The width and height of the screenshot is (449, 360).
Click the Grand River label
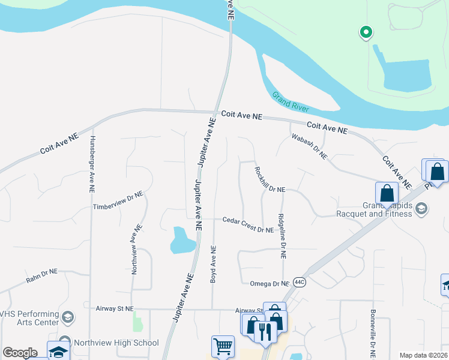[290, 101]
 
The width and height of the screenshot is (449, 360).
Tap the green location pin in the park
[365, 32]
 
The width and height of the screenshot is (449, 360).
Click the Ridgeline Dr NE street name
[282, 236]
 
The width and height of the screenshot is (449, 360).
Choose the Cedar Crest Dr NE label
[248, 225]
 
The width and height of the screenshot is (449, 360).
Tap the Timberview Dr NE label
[118, 200]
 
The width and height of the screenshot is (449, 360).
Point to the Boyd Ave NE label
[212, 264]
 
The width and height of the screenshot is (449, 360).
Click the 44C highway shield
[300, 282]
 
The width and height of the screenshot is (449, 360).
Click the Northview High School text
[116, 343]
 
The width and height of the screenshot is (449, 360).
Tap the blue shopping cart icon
[222, 347]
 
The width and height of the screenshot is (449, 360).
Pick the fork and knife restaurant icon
[265, 331]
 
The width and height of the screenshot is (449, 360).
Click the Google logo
[20, 353]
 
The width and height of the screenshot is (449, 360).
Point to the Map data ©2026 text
[423, 355]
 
